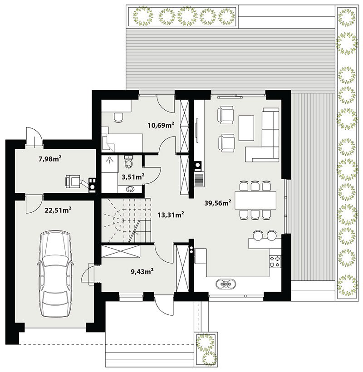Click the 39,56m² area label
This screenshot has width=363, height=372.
click(218, 203)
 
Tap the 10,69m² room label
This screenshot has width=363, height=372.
click(161, 125)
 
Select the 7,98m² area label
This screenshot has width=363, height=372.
click(50, 158)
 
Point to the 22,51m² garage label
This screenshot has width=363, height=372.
click(58, 210)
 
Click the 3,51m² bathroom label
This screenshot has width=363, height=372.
click(133, 176)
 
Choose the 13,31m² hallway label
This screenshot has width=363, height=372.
click(171, 215)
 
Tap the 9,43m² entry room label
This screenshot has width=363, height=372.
click(142, 271)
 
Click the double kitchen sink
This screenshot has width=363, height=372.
click(226, 284)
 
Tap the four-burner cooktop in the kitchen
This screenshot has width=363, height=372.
click(275, 261)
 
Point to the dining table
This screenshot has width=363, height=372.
click(255, 200)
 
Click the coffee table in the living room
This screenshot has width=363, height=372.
click(246, 128)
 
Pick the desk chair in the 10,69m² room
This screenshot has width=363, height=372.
click(118, 117)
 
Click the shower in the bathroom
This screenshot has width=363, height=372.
click(110, 164)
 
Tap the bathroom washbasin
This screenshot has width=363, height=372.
click(130, 189)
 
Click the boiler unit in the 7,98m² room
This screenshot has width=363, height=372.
click(73, 181)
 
